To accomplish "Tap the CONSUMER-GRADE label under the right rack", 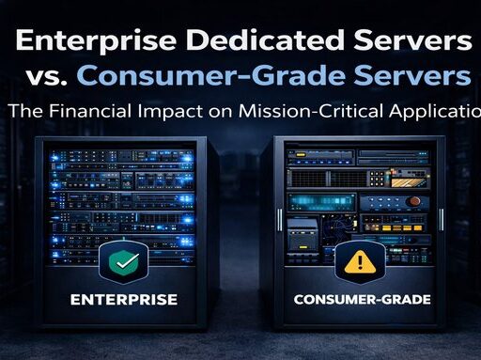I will click(361, 302).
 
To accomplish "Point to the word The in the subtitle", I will click(25, 111).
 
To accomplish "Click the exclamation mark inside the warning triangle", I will click(361, 264).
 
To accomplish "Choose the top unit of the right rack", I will click(361, 149).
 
